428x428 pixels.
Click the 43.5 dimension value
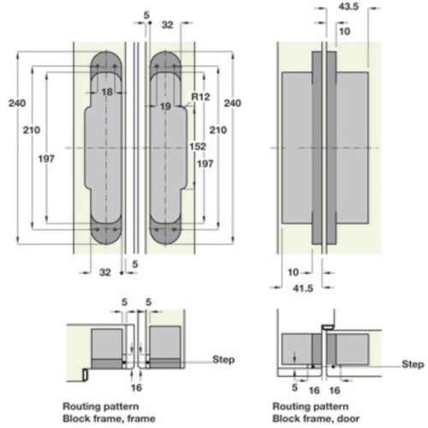click(x=348, y=7)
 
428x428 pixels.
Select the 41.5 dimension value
click(x=303, y=288)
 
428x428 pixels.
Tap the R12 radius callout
click(x=200, y=97)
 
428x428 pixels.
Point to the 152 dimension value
click(x=198, y=146)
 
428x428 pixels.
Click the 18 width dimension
click(x=107, y=92)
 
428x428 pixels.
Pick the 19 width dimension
click(x=165, y=106)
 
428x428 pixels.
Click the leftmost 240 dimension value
click(x=17, y=103)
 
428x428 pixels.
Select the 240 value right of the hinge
click(x=233, y=103)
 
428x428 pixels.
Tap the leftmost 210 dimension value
click(x=32, y=130)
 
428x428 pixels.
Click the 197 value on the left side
click(x=46, y=158)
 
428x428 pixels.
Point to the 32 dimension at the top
click(x=168, y=25)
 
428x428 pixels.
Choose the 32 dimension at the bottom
click(x=105, y=272)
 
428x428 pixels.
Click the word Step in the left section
click(x=223, y=360)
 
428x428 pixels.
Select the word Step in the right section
click(x=413, y=364)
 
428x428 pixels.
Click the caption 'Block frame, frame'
click(x=109, y=419)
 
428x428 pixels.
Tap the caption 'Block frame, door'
click(x=316, y=419)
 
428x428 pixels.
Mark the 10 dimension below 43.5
click(x=345, y=31)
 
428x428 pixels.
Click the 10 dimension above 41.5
click(x=293, y=272)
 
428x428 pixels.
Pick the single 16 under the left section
click(x=136, y=388)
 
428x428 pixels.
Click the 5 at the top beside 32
click(x=146, y=15)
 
